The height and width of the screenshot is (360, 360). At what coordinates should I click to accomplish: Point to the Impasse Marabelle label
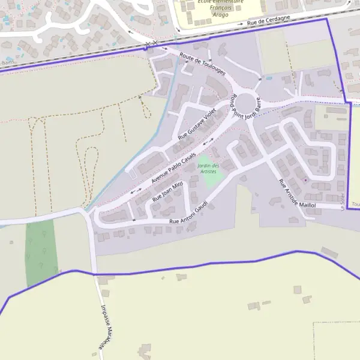pos(106,326)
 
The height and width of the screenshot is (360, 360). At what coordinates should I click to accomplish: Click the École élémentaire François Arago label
pos(221,7)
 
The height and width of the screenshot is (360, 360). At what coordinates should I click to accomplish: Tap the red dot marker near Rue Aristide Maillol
pos(305,179)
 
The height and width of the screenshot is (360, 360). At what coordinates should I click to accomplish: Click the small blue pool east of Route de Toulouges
pos(269,77)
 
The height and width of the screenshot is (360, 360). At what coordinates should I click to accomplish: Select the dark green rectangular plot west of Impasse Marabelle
pos(41,252)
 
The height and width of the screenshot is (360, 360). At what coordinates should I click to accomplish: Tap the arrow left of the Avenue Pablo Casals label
pos(136,190)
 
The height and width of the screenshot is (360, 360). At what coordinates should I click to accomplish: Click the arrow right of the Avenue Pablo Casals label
pos(208,143)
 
